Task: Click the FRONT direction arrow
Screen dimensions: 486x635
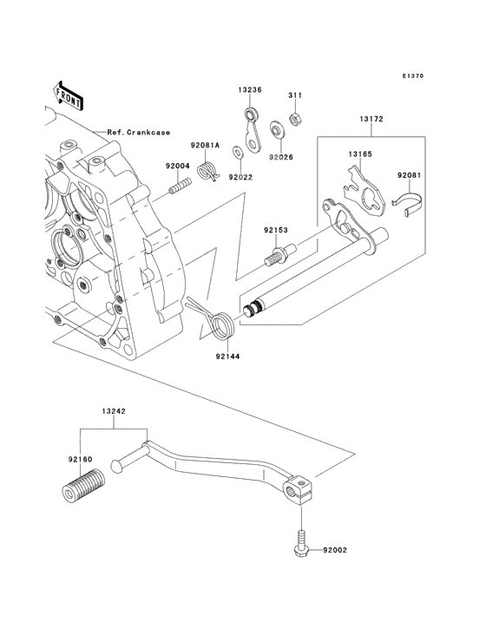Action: pyautogui.click(x=68, y=96)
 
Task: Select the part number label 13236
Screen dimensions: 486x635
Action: pyautogui.click(x=249, y=90)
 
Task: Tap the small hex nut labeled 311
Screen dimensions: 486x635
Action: pyautogui.click(x=294, y=119)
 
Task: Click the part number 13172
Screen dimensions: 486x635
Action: pyautogui.click(x=371, y=119)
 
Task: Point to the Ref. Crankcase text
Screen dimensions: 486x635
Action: pyautogui.click(x=139, y=133)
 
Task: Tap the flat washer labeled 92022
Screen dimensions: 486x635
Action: pyautogui.click(x=236, y=152)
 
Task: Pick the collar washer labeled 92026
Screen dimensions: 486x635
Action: pyautogui.click(x=278, y=129)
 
